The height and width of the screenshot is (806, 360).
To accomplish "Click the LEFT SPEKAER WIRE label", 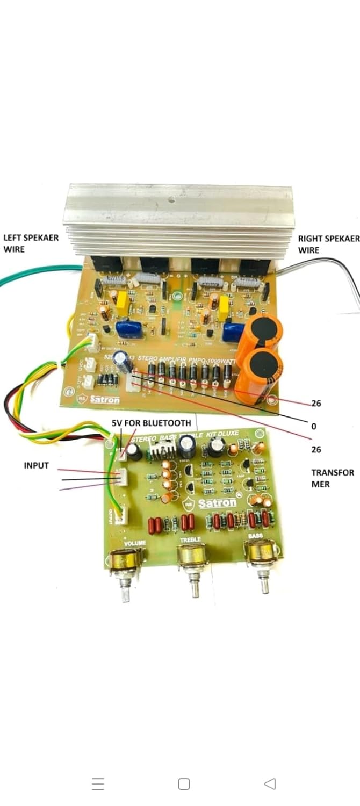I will click(x=31, y=242).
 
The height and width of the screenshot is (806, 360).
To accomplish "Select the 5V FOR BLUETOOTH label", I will click(x=151, y=423).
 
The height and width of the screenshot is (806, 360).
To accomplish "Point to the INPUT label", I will click(x=36, y=465).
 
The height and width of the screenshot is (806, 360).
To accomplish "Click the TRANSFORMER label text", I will click(x=333, y=478).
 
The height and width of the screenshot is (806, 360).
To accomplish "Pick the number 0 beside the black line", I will click(x=314, y=426).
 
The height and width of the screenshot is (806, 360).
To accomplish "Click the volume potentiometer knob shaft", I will click(x=126, y=589).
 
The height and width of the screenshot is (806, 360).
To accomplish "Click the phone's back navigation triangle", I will click(x=270, y=783).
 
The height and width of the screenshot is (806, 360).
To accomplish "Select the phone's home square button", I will click(x=184, y=783).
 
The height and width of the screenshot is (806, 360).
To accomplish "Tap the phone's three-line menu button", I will click(x=98, y=783).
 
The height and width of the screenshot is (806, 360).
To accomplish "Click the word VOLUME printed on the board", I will click(x=135, y=544).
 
